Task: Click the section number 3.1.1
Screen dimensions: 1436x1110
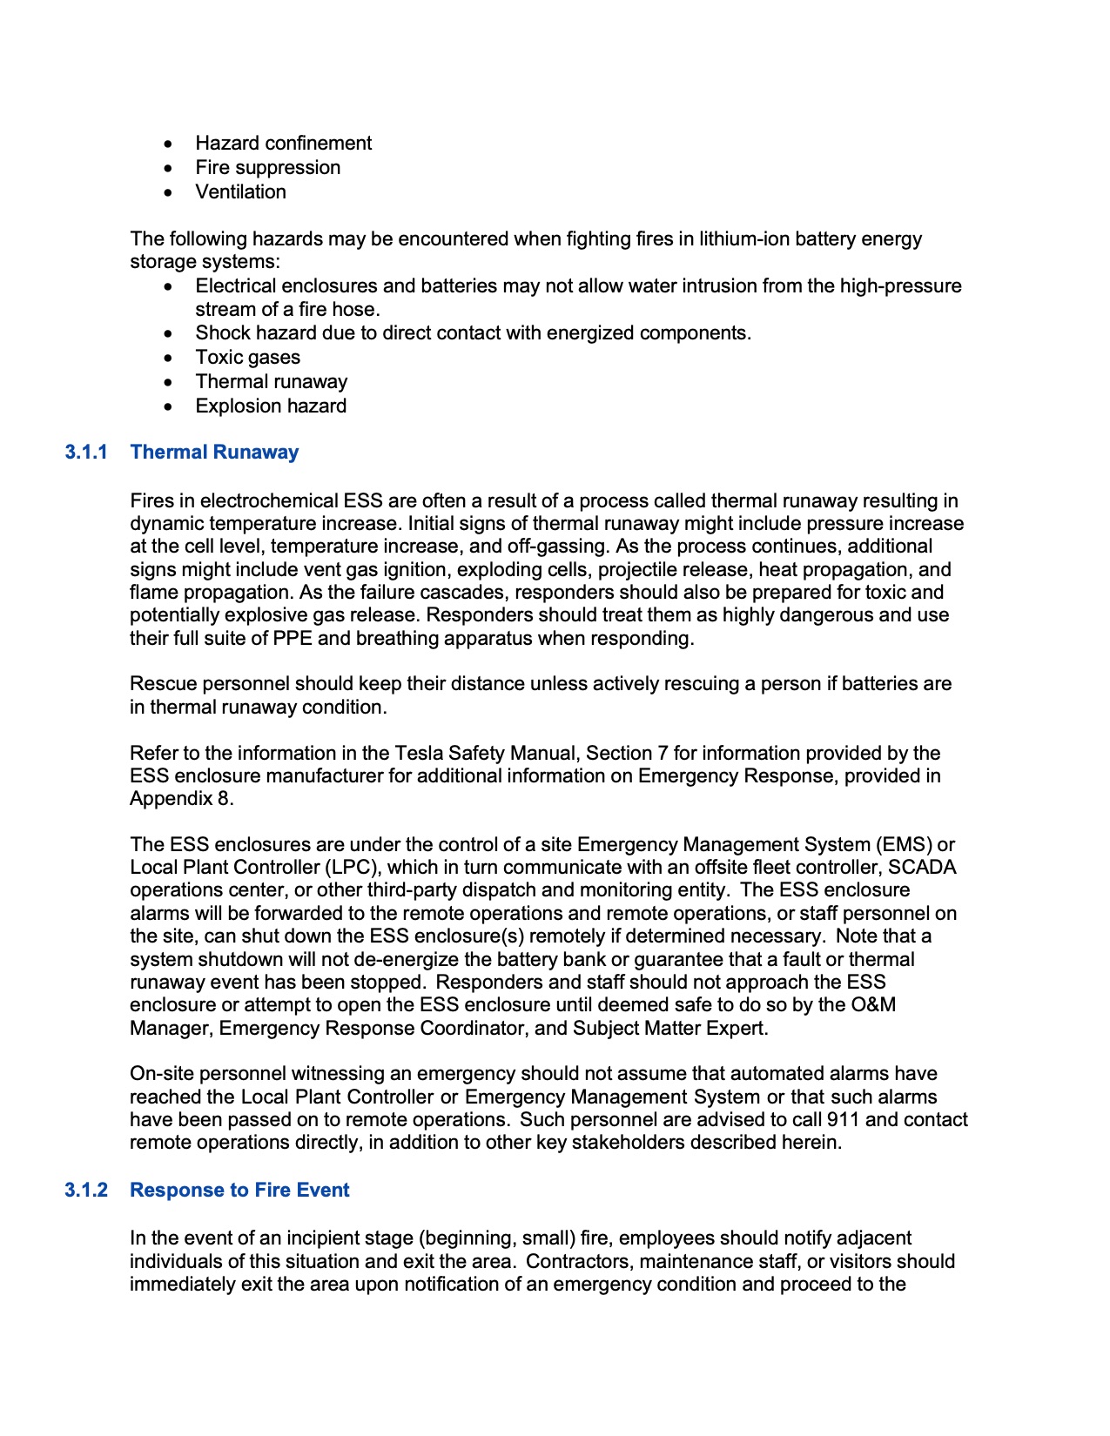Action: click(85, 452)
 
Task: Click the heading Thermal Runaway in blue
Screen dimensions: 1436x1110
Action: click(214, 452)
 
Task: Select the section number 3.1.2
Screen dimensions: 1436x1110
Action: click(85, 1190)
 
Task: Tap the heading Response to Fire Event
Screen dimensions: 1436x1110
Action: click(239, 1190)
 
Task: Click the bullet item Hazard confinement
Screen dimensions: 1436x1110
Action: click(283, 143)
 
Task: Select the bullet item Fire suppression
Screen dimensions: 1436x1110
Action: click(267, 167)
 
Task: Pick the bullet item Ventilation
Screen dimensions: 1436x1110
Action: click(240, 191)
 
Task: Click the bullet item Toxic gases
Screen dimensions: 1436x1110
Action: click(247, 357)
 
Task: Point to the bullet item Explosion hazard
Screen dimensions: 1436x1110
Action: click(271, 406)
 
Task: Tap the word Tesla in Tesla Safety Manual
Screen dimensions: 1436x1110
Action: click(419, 753)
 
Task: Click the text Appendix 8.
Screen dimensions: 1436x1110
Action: click(181, 799)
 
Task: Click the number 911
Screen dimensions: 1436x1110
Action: click(843, 1119)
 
